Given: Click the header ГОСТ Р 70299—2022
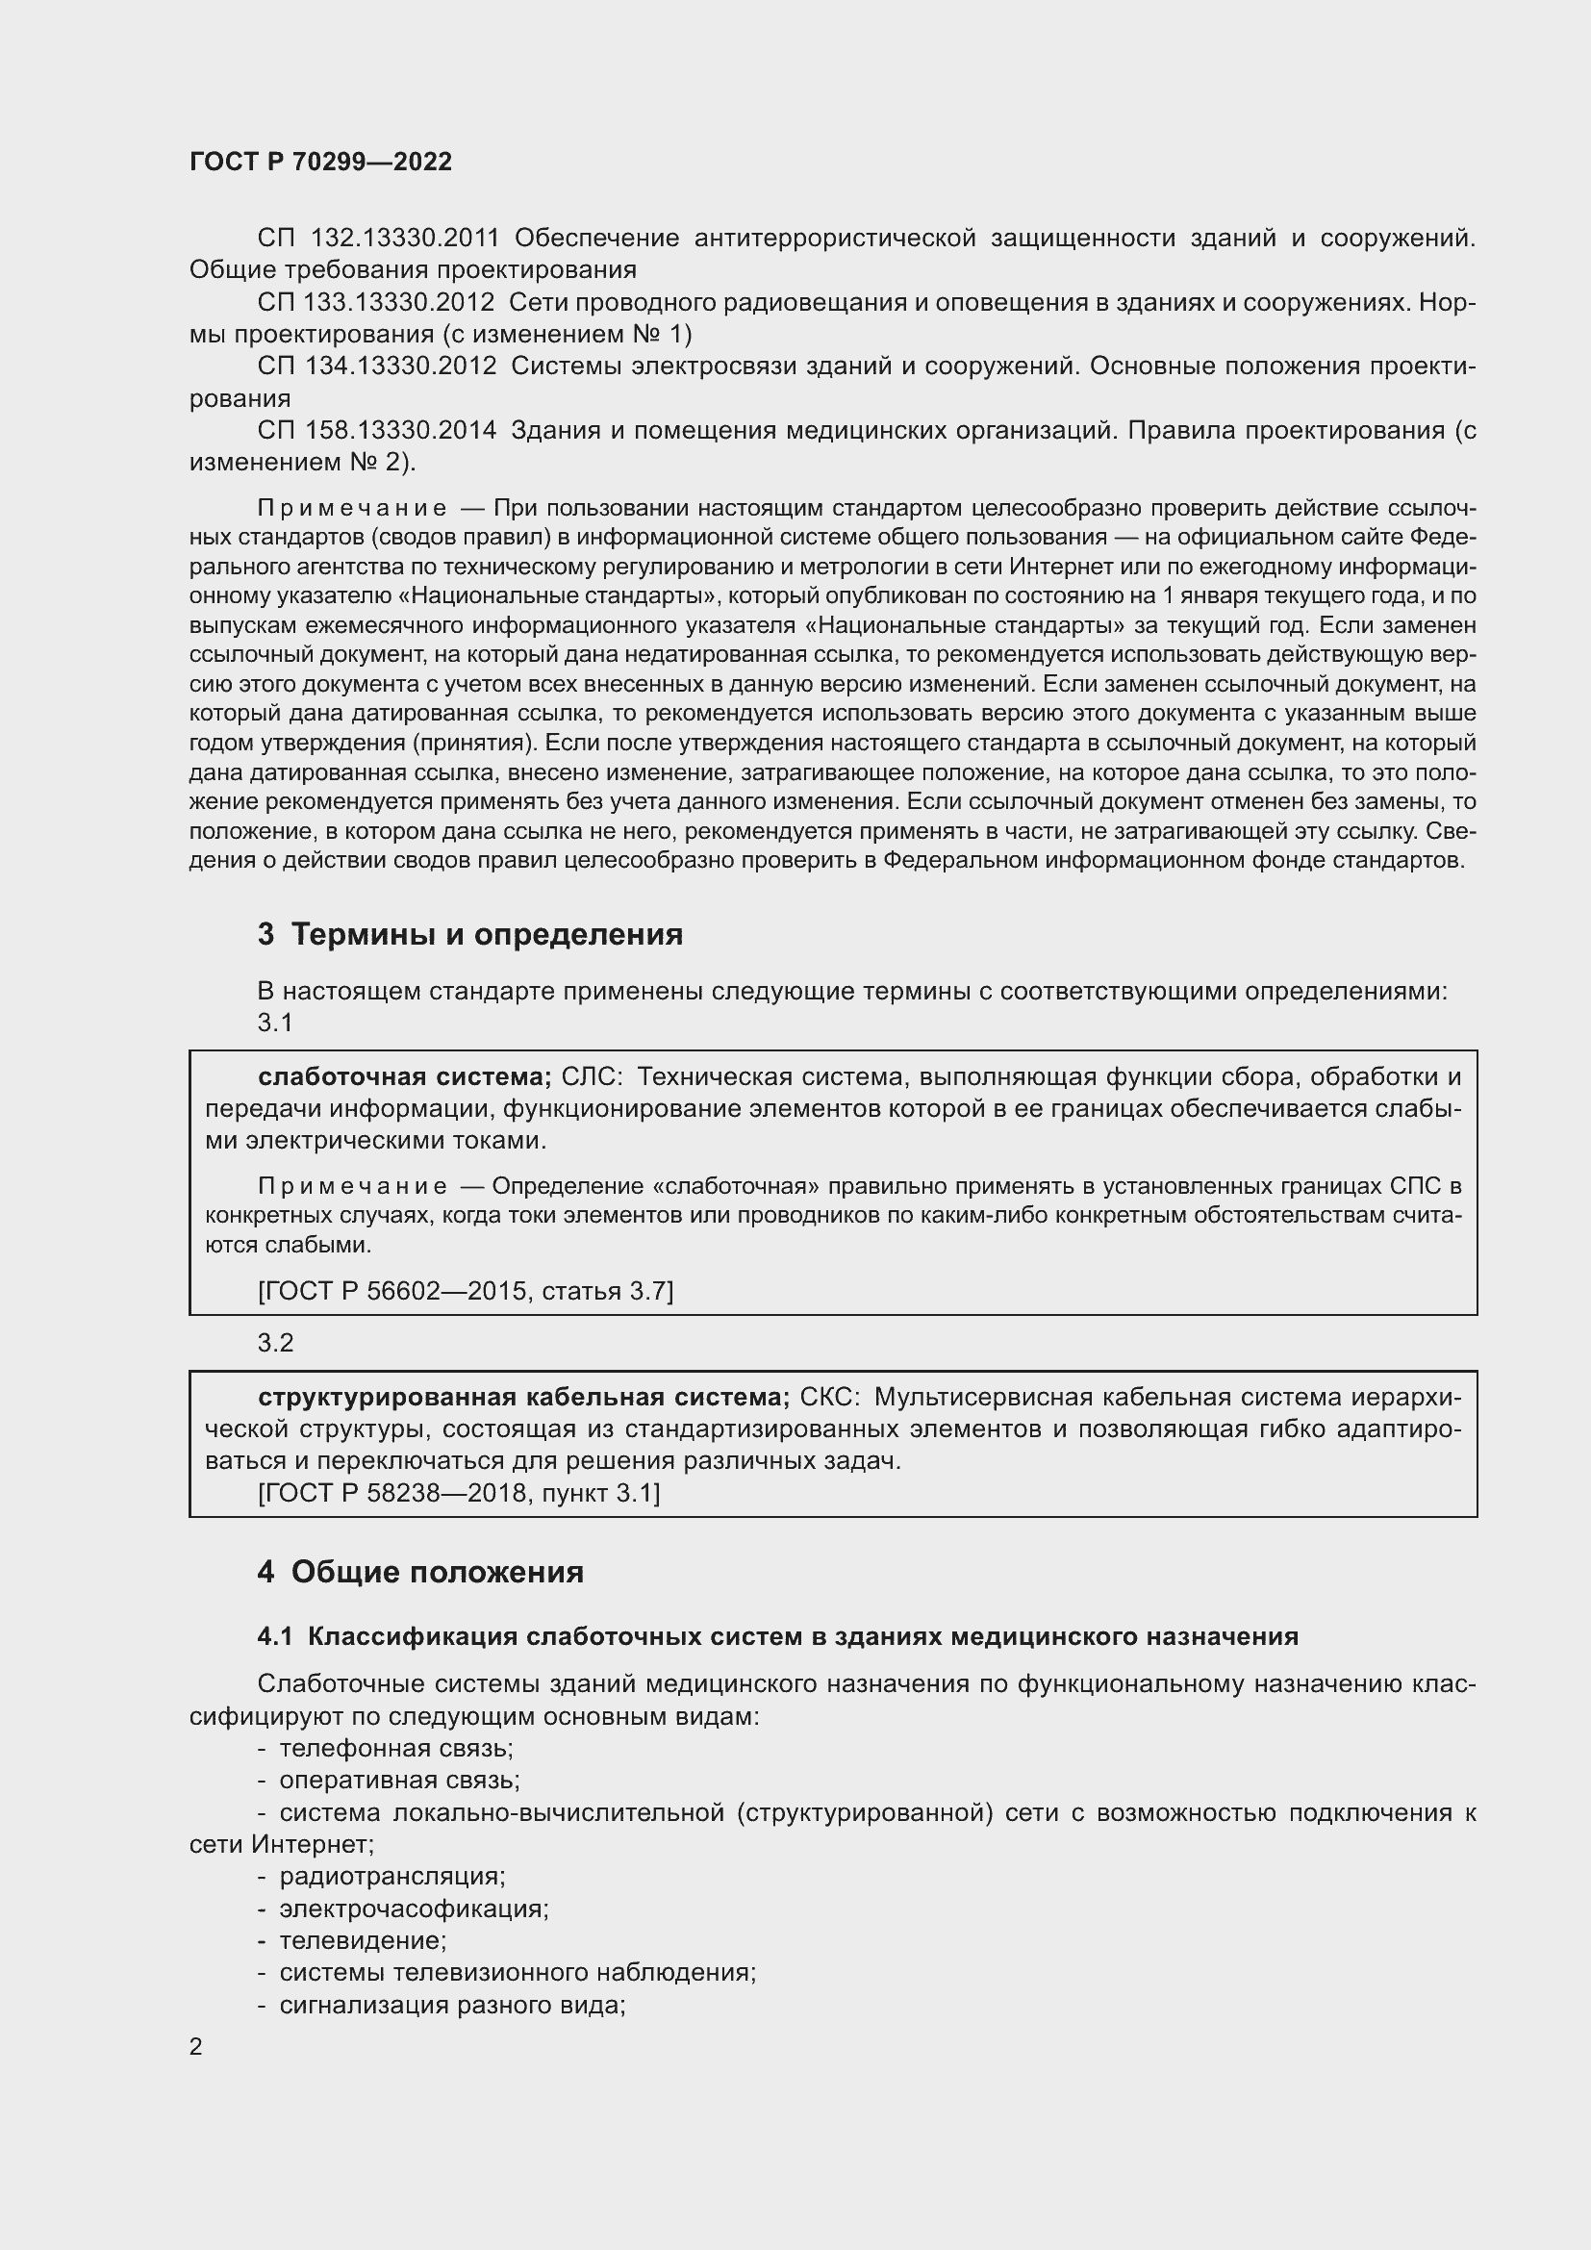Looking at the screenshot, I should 320,162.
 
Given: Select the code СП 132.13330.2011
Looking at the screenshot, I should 378,239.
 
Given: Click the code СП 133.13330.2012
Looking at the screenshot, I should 376,303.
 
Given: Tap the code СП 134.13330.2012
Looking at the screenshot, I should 376,367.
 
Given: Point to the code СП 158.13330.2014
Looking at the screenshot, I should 376,430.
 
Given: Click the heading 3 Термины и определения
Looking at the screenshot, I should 470,935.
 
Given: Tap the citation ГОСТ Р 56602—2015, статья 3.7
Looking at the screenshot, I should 466,1292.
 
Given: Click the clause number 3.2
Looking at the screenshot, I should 275,1343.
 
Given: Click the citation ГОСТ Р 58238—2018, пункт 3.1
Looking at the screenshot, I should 460,1494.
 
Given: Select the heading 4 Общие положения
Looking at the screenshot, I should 420,1573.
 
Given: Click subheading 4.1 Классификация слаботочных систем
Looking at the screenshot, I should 778,1636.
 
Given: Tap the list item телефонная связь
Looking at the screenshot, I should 395,1748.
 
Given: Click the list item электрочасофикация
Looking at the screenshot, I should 414,1908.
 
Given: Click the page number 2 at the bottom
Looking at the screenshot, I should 196,2047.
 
